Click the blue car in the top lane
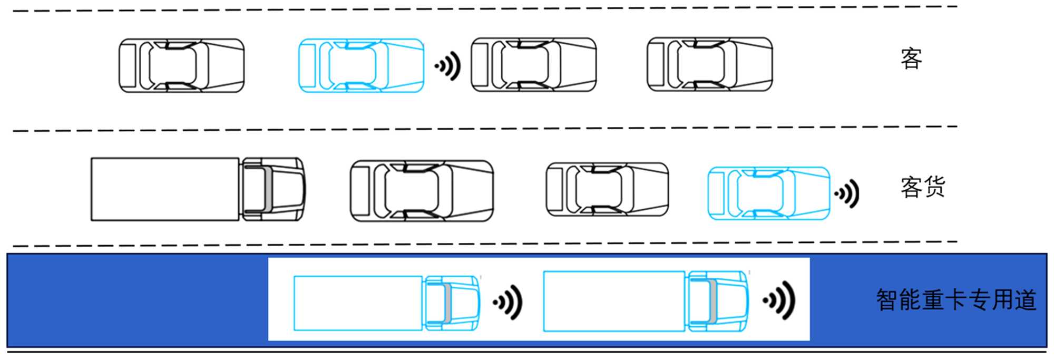pyautogui.click(x=362, y=66)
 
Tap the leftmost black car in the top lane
pyautogui.click(x=181, y=66)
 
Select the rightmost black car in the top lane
pyautogui.click(x=709, y=64)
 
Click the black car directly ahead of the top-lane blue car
pyautogui.click(x=533, y=65)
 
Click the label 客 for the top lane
pyautogui.click(x=911, y=59)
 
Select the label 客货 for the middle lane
pyautogui.click(x=923, y=188)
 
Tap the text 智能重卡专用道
pyautogui.click(x=956, y=300)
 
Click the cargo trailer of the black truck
pyautogui.click(x=165, y=189)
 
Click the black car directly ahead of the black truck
pyautogui.click(x=422, y=191)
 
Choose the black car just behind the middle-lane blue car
pyautogui.click(x=607, y=189)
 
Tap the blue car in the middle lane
pyautogui.click(x=768, y=193)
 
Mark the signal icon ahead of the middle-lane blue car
pyautogui.click(x=847, y=194)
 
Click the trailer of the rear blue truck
pyautogui.click(x=358, y=303)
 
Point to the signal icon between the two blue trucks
pyautogui.click(x=508, y=303)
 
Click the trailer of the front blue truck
pyautogui.click(x=614, y=301)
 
